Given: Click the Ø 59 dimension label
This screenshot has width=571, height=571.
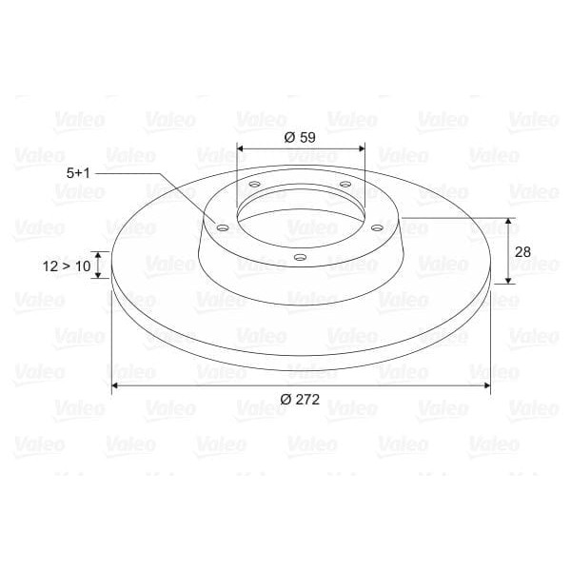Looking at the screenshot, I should point(300,137).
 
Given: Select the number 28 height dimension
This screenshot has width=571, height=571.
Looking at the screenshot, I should point(522,251).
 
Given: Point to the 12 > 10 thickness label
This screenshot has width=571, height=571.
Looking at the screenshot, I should point(67,266).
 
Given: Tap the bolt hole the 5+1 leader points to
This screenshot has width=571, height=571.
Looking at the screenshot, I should point(222,228).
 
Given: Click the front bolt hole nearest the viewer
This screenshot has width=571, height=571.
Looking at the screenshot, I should point(300,257).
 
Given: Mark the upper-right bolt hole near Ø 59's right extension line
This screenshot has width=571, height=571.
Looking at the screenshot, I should point(345,185).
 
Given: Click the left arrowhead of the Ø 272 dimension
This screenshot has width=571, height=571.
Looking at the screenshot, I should point(116,384).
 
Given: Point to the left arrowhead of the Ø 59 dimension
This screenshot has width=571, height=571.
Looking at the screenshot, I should point(241,148).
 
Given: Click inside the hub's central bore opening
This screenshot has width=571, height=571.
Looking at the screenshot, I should point(300,214).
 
